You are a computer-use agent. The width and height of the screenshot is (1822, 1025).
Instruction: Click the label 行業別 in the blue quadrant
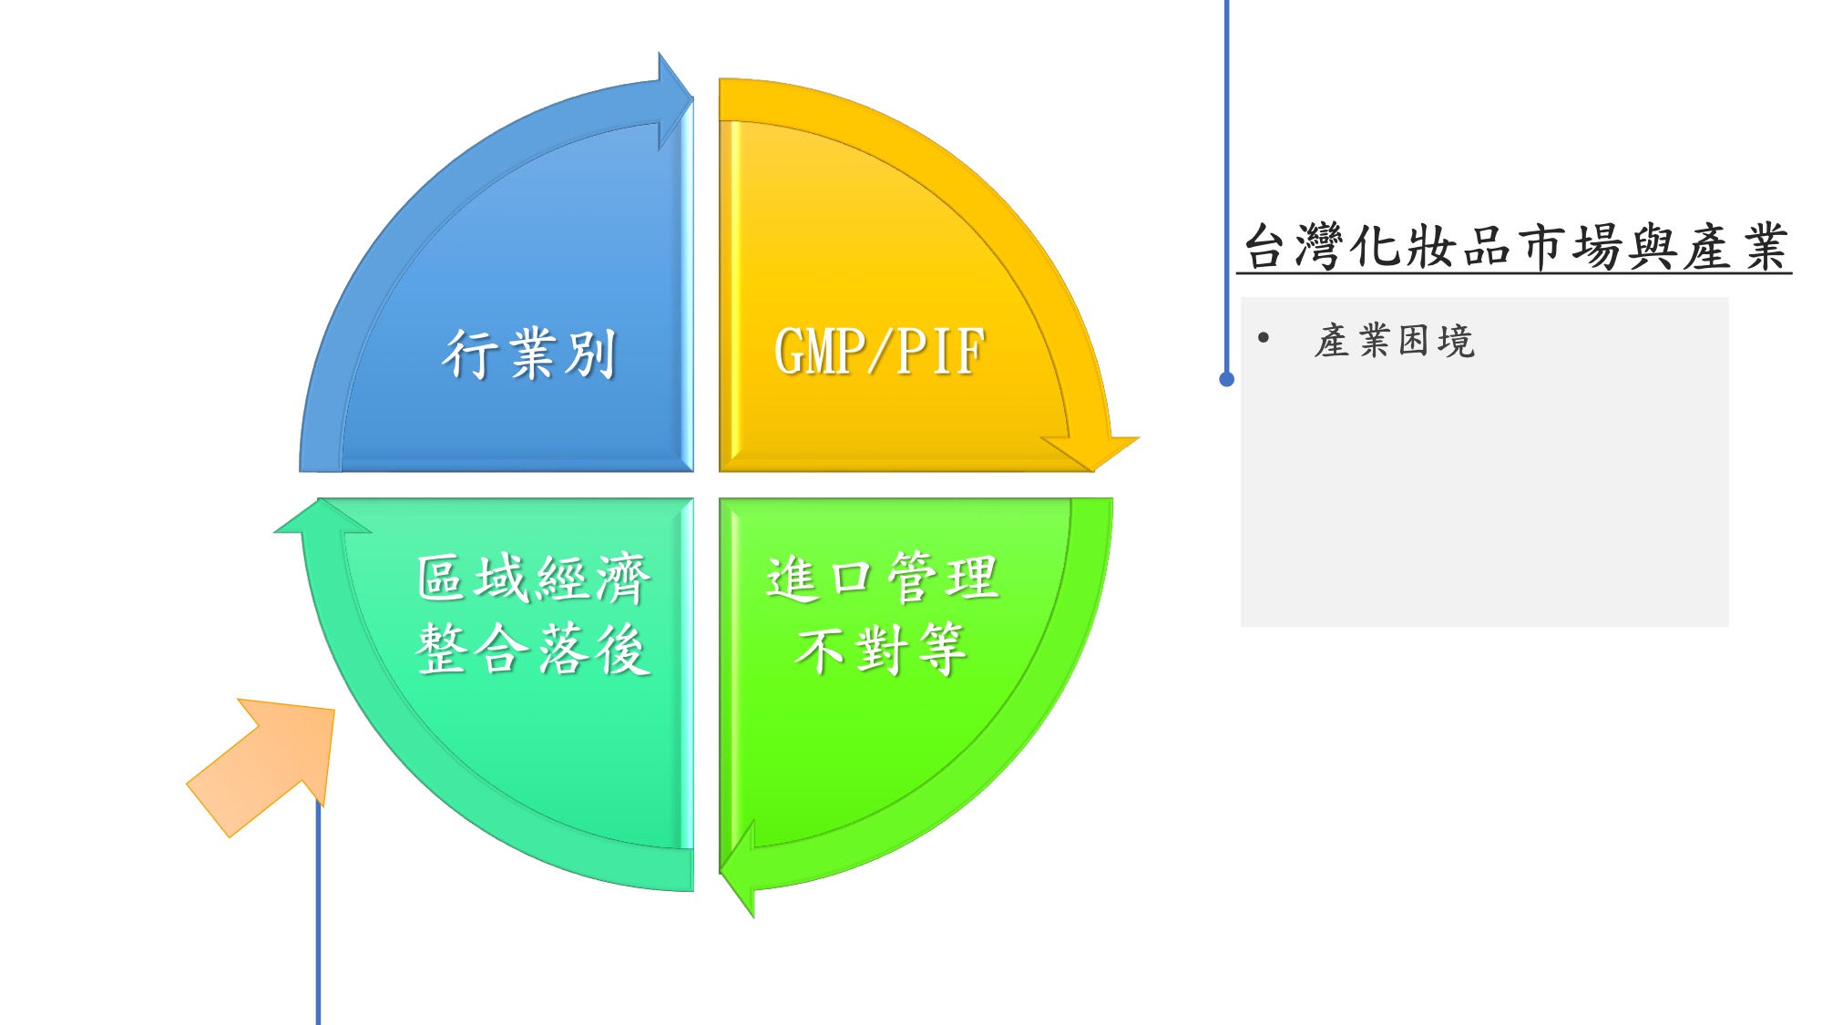[x=529, y=354]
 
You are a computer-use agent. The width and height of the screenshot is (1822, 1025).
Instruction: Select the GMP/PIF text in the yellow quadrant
[x=880, y=352]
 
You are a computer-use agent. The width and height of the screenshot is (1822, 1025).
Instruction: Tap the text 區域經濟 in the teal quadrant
[x=534, y=578]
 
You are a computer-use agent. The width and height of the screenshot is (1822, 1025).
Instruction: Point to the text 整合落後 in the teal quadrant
[x=534, y=649]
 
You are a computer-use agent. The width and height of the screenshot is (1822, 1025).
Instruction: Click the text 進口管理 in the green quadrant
[x=883, y=578]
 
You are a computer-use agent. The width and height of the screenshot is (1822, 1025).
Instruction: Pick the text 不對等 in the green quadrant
[x=881, y=649]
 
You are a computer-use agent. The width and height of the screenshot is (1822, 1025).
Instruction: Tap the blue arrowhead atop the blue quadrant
[x=675, y=100]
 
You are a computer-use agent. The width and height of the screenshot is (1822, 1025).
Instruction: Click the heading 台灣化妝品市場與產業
[x=1515, y=247]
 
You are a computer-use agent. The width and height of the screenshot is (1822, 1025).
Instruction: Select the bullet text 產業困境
[x=1395, y=341]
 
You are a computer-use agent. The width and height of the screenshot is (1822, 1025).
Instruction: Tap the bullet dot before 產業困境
[x=1264, y=339]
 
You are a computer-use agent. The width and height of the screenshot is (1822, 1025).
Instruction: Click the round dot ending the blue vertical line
[x=1227, y=379]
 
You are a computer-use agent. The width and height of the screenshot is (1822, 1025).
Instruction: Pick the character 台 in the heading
[x=1267, y=247]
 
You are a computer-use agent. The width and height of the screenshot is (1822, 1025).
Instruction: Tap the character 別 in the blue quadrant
[x=591, y=354]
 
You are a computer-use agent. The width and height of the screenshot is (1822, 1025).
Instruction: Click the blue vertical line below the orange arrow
[x=318, y=911]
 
